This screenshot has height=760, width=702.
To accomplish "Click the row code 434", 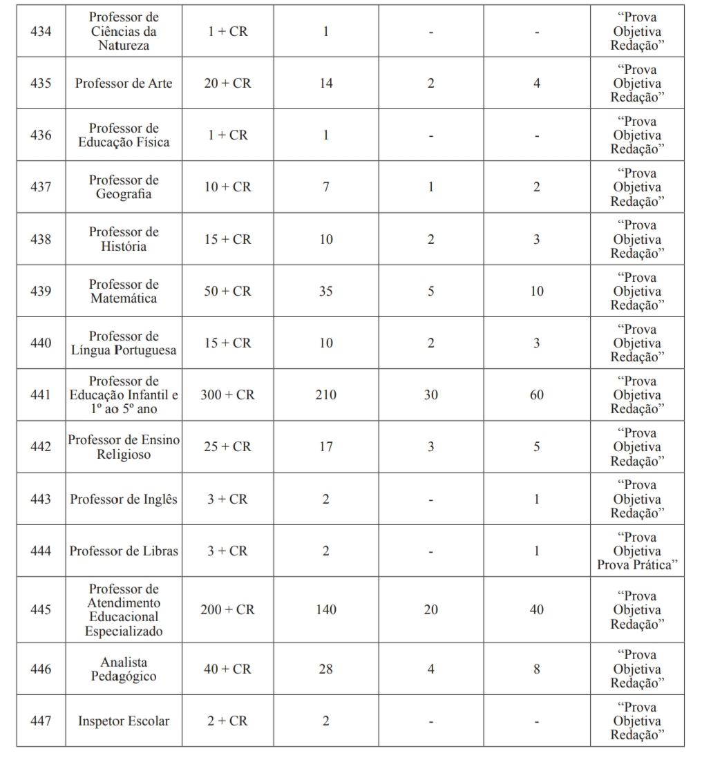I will (41, 31).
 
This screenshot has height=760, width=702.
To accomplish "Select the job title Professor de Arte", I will (124, 83).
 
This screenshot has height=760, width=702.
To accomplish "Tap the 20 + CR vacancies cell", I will (227, 83).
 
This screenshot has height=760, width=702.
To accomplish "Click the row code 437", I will (41, 187).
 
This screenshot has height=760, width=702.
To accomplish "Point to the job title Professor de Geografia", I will (124, 187).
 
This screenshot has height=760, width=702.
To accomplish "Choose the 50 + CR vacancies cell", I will (227, 291).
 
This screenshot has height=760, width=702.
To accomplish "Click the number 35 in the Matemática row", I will (325, 291).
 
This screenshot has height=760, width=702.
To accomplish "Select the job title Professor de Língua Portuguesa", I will (124, 343).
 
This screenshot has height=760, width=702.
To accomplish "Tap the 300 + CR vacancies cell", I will (227, 395).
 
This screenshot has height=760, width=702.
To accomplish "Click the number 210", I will (325, 395).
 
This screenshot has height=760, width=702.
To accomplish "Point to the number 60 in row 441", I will (536, 395).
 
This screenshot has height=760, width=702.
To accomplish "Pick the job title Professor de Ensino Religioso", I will (124, 447).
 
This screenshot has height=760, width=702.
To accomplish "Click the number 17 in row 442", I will (325, 447).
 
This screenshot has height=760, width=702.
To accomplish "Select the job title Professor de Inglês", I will (124, 499).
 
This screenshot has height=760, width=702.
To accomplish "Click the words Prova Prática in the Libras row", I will (636, 565).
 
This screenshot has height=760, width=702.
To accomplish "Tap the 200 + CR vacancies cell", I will (227, 609).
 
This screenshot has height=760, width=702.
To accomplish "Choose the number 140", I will (325, 609).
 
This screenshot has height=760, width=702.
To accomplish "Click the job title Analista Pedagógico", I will (124, 669).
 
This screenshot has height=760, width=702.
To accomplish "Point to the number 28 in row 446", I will (325, 669).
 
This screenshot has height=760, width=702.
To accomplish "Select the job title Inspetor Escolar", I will (124, 721).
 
